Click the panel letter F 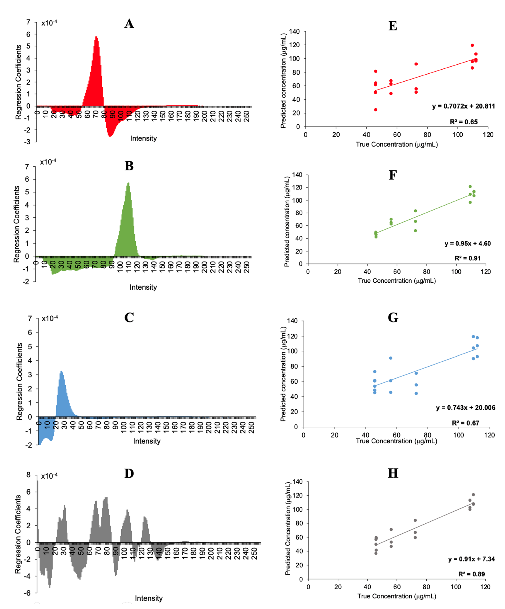pos(393,175)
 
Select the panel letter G pos(393,318)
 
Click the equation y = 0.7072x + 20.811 pos(463,106)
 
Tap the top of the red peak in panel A pos(96,37)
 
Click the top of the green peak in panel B pos(128,183)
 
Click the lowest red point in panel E pos(375,110)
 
